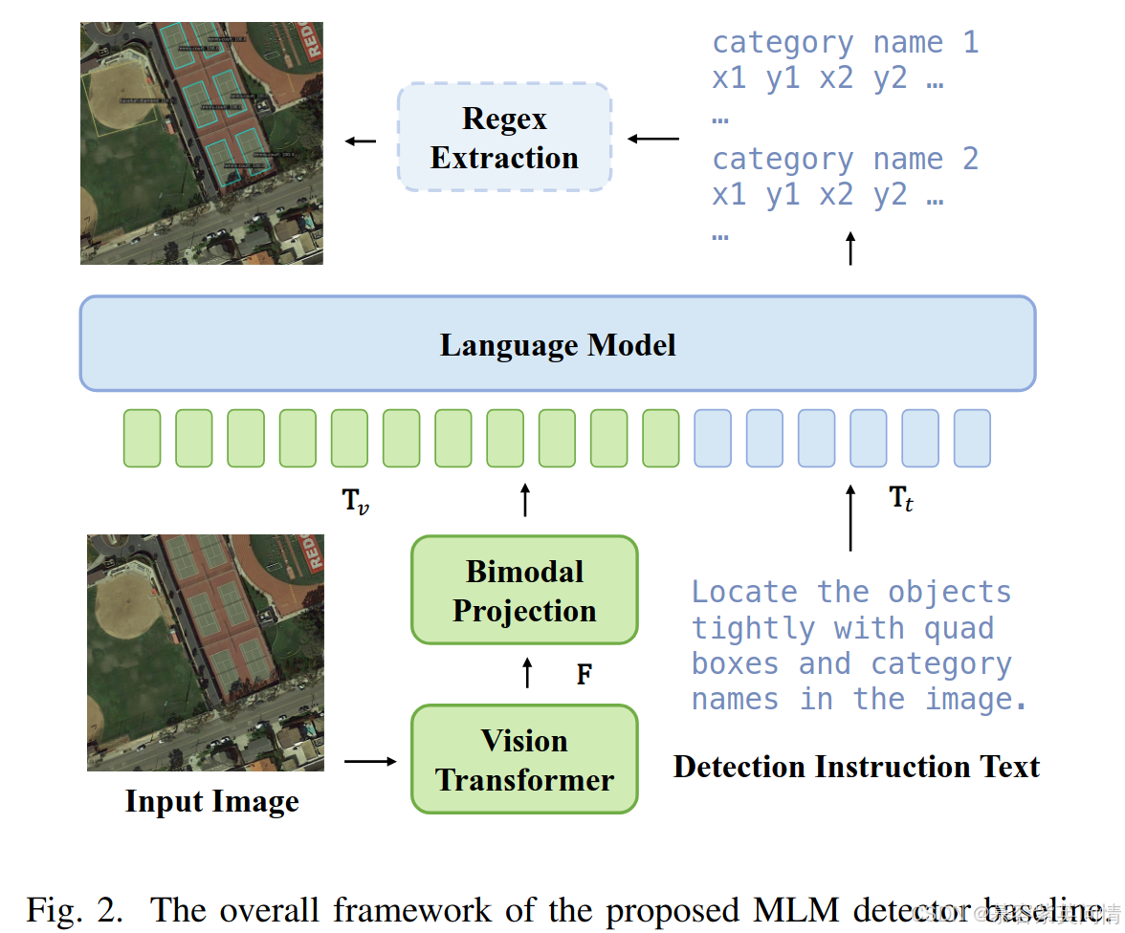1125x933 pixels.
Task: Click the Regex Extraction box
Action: point(504,138)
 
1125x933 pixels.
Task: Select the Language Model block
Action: point(558,344)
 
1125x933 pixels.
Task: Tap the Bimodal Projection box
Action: point(524,591)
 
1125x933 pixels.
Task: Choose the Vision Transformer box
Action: point(524,760)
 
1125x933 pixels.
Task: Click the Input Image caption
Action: point(211,802)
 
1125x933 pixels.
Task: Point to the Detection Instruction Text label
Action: point(856,767)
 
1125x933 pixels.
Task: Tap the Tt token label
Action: point(900,498)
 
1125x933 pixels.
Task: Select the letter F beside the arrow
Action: point(584,675)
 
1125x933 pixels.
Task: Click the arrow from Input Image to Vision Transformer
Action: point(369,761)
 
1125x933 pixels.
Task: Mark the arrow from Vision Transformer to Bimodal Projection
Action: point(525,672)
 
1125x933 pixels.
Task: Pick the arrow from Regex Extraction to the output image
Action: point(361,141)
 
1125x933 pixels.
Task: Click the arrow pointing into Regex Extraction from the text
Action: point(652,139)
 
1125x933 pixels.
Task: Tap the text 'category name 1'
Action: point(845,43)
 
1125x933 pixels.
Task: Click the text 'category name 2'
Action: point(845,159)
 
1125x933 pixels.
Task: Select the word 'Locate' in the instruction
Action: point(744,593)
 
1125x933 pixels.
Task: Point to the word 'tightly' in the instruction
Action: point(751,629)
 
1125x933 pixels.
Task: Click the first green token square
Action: point(142,439)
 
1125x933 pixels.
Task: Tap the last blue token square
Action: point(972,439)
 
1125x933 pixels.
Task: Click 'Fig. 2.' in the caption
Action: point(75,908)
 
